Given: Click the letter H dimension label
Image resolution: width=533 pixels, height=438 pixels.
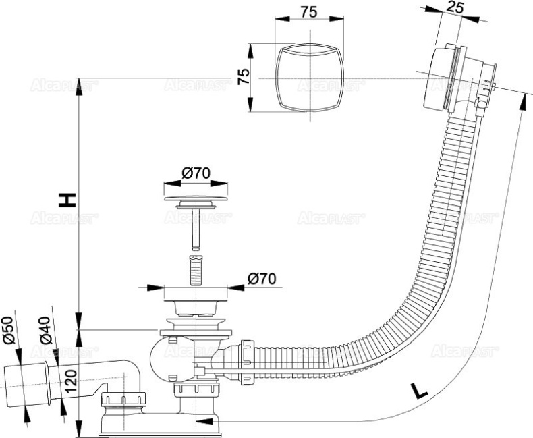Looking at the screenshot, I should coord(66,199).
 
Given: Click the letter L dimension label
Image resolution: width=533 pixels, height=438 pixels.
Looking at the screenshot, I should coord(420,389).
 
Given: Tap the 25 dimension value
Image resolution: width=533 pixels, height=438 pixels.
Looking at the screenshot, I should coord(455,9).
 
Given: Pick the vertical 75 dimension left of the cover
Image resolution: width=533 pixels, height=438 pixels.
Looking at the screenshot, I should coord(246,74).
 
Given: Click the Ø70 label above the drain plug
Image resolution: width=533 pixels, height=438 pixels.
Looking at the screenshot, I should coord(196,173).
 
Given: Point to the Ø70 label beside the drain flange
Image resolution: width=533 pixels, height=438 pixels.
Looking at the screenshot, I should coord(260,278).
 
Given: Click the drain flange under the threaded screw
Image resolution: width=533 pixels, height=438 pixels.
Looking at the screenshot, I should coord(196,300).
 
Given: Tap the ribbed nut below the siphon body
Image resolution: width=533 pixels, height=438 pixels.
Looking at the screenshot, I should coord(196,393).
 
